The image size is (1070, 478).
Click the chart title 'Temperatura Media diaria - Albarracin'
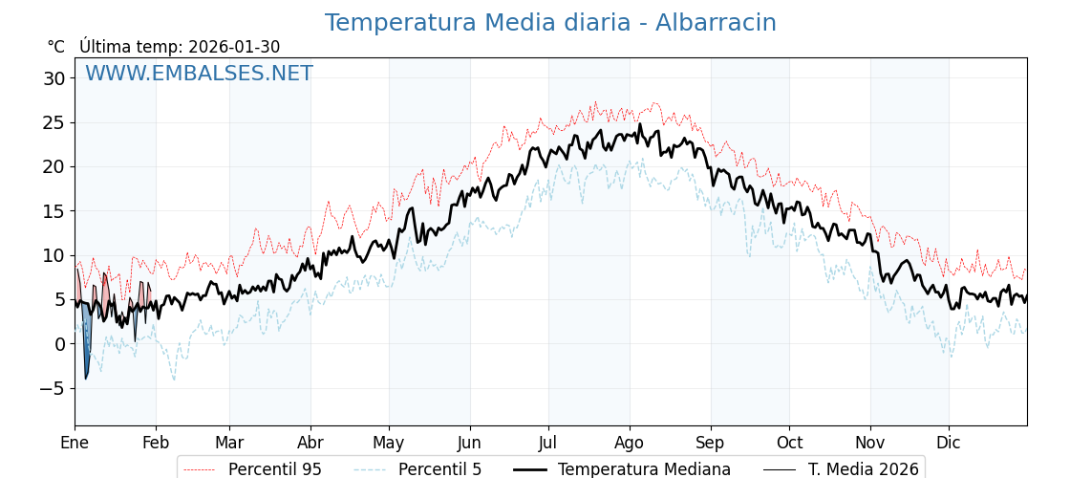[550, 23]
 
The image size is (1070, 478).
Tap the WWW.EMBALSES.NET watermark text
[199, 74]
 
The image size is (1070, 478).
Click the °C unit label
[55, 47]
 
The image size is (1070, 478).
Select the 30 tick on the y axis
[53, 78]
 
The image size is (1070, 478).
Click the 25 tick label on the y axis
[53, 122]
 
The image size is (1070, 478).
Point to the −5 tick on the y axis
[50, 388]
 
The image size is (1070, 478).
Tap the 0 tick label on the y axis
[59, 344]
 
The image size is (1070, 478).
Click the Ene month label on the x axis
[75, 443]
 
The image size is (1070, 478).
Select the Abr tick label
[310, 443]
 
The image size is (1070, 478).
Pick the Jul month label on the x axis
[548, 443]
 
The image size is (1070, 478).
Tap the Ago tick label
[630, 443]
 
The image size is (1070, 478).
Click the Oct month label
[789, 443]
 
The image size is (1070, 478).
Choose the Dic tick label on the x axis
[949, 443]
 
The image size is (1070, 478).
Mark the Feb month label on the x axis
[156, 443]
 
